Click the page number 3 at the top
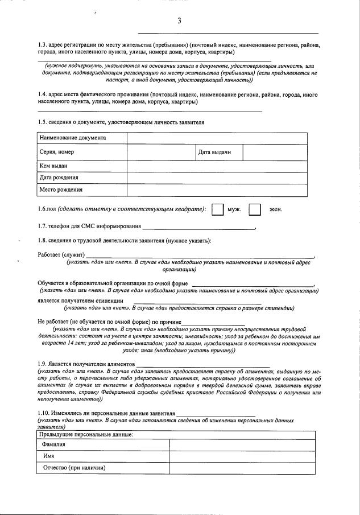(179, 21)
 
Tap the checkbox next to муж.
(217, 209)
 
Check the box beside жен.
(255, 209)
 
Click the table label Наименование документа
(72, 138)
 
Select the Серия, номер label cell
(57, 152)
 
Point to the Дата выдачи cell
(214, 152)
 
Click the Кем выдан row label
(54, 166)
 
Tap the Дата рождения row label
(59, 178)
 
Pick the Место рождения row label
(61, 189)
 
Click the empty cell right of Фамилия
(242, 444)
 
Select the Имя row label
(49, 456)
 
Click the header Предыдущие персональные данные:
(86, 434)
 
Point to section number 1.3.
(43, 44)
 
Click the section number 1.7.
(43, 227)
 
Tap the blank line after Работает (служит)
(199, 254)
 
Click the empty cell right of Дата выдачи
(275, 152)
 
